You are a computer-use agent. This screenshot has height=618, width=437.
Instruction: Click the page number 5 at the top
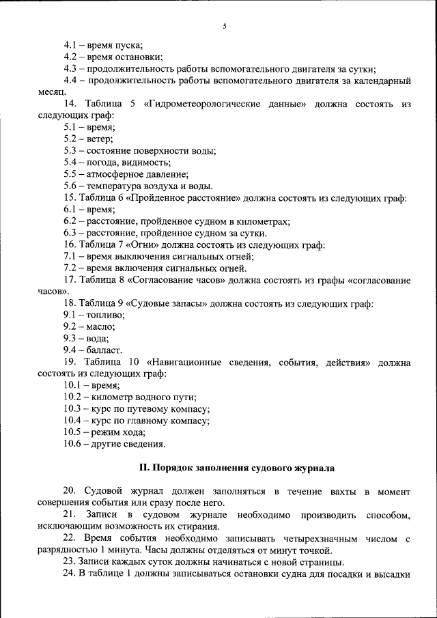(x=224, y=27)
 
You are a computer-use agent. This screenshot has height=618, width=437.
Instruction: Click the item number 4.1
(x=71, y=46)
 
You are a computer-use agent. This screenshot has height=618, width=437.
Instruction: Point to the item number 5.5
(x=71, y=174)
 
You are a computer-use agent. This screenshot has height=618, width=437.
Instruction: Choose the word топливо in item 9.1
(x=106, y=315)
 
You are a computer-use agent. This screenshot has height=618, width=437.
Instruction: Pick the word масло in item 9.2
(x=101, y=326)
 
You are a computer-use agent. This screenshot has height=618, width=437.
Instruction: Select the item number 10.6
(x=74, y=444)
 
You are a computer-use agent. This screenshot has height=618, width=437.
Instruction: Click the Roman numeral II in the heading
(x=143, y=468)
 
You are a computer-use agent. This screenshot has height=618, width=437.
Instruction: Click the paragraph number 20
(x=69, y=492)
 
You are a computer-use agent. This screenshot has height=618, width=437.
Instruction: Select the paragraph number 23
(x=69, y=562)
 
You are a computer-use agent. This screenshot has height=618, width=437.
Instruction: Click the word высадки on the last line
(x=391, y=574)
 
